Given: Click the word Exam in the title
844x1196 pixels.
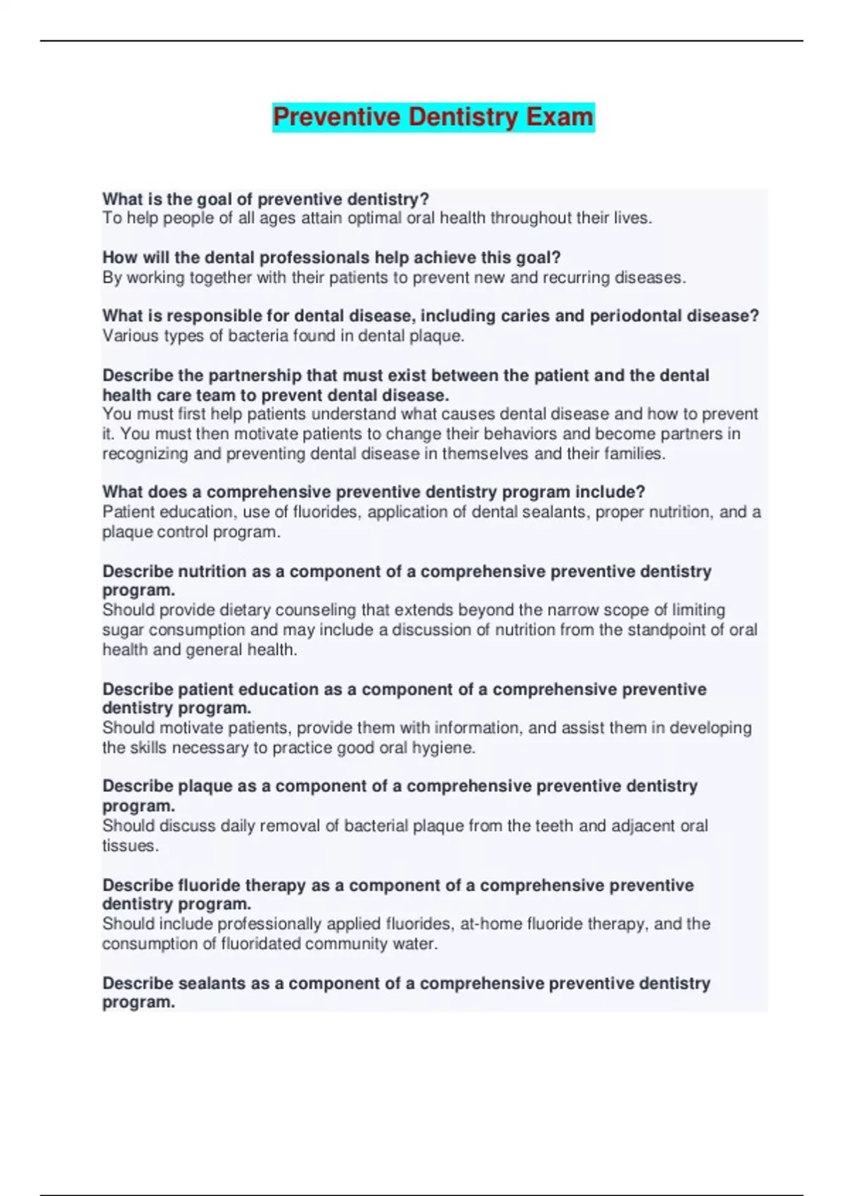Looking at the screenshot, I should point(560,117).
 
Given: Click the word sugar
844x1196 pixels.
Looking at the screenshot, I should point(123,629).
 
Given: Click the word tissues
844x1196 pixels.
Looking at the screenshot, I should point(130,845).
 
